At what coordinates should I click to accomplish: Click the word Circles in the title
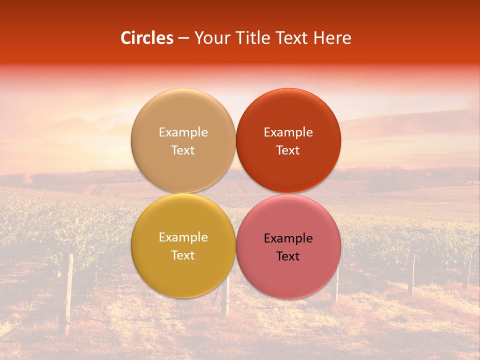146,38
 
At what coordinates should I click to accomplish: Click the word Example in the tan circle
183,132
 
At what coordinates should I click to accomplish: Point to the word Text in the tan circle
183,150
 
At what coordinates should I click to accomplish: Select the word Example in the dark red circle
288,132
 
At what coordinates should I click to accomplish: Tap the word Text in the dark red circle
288,150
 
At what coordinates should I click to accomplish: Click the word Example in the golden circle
183,237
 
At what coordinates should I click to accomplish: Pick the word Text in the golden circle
183,255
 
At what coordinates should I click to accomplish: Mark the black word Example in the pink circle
288,238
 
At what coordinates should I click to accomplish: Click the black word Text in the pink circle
288,256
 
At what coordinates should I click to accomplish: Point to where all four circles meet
235,193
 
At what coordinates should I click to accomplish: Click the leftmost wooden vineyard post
67,295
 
